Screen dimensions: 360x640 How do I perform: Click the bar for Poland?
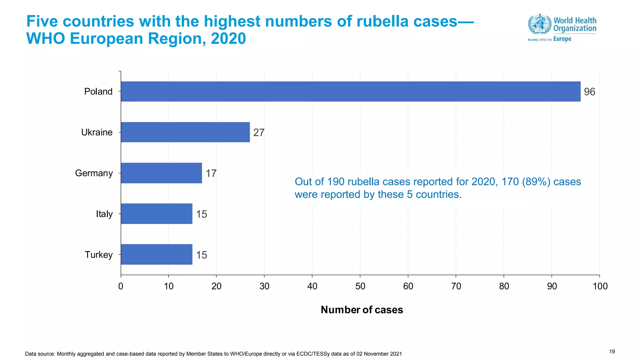350,92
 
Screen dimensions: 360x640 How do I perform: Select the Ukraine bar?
185,132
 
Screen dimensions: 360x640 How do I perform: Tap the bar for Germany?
161,173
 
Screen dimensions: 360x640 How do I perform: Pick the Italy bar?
157,214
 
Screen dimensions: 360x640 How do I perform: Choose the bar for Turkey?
157,254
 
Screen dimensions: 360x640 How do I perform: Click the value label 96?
589,92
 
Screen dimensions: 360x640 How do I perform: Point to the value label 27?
259,132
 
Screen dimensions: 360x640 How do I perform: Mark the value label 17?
211,173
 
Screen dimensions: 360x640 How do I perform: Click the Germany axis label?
94,173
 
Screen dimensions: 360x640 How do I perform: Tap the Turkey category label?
98,255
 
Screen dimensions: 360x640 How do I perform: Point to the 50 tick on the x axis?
360,286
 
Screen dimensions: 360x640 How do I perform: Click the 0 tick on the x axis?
121,286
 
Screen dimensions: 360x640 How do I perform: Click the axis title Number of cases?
362,310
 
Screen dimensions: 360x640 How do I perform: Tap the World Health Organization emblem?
539,24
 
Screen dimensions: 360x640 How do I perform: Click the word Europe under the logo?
562,39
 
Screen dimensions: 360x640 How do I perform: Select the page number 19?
612,352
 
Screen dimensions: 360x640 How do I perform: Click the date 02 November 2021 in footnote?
379,354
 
